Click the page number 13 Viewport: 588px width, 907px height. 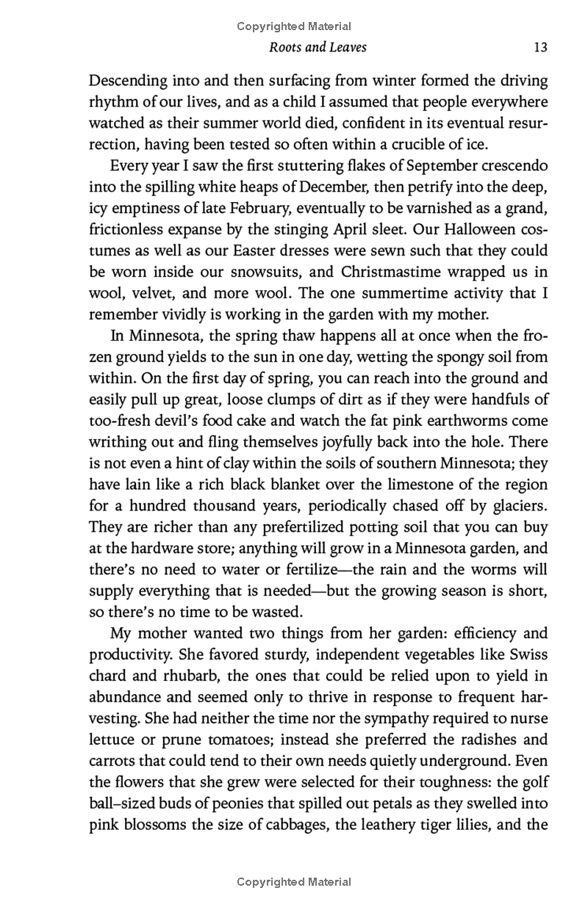click(540, 48)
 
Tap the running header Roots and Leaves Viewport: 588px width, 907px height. click(318, 48)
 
